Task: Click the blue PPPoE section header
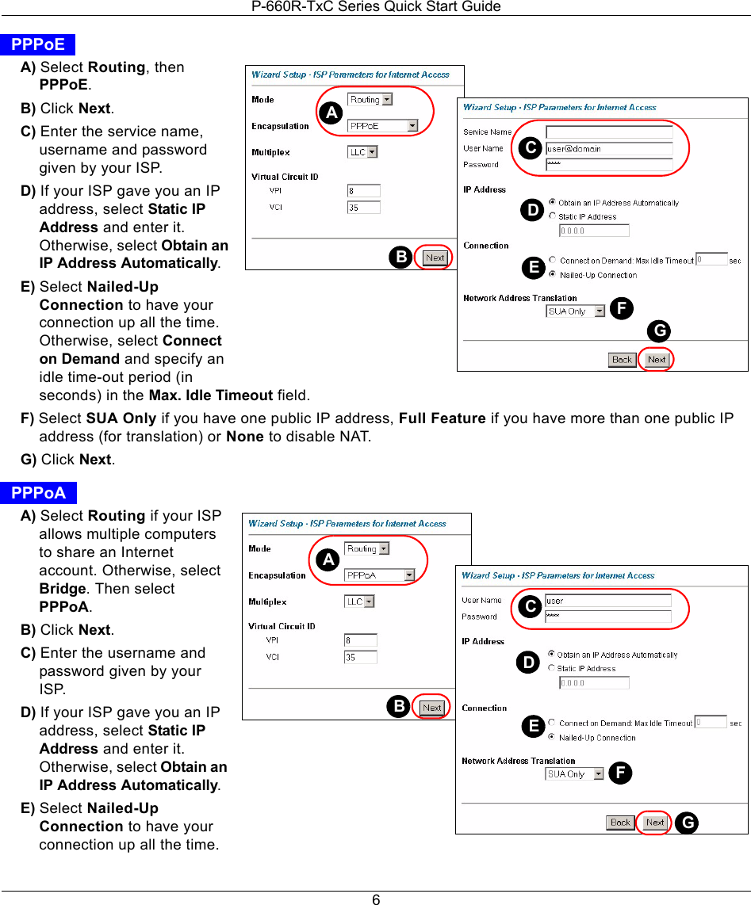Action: coord(38,45)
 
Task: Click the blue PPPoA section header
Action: coord(39,494)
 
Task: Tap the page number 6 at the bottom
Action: coord(376,899)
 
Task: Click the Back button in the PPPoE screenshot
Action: coord(622,360)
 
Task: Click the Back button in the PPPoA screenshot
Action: coord(620,823)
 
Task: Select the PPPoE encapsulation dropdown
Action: coord(383,126)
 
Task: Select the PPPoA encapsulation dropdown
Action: coord(380,575)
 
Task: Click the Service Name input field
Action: coord(609,132)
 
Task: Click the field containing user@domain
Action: coord(609,148)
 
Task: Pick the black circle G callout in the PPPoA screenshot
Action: coord(687,823)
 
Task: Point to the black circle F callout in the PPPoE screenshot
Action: coord(621,308)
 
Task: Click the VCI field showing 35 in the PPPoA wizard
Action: coord(360,657)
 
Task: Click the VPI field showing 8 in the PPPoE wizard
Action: coord(363,191)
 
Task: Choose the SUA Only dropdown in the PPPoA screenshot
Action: coord(574,774)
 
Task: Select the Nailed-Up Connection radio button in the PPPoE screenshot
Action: coord(552,275)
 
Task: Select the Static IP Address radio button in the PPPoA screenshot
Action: coord(551,668)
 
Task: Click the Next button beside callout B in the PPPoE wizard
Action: coord(435,258)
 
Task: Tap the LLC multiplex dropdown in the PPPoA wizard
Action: coord(359,601)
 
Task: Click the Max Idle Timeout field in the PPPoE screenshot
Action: coord(711,259)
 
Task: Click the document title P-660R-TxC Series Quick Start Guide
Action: coord(376,7)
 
